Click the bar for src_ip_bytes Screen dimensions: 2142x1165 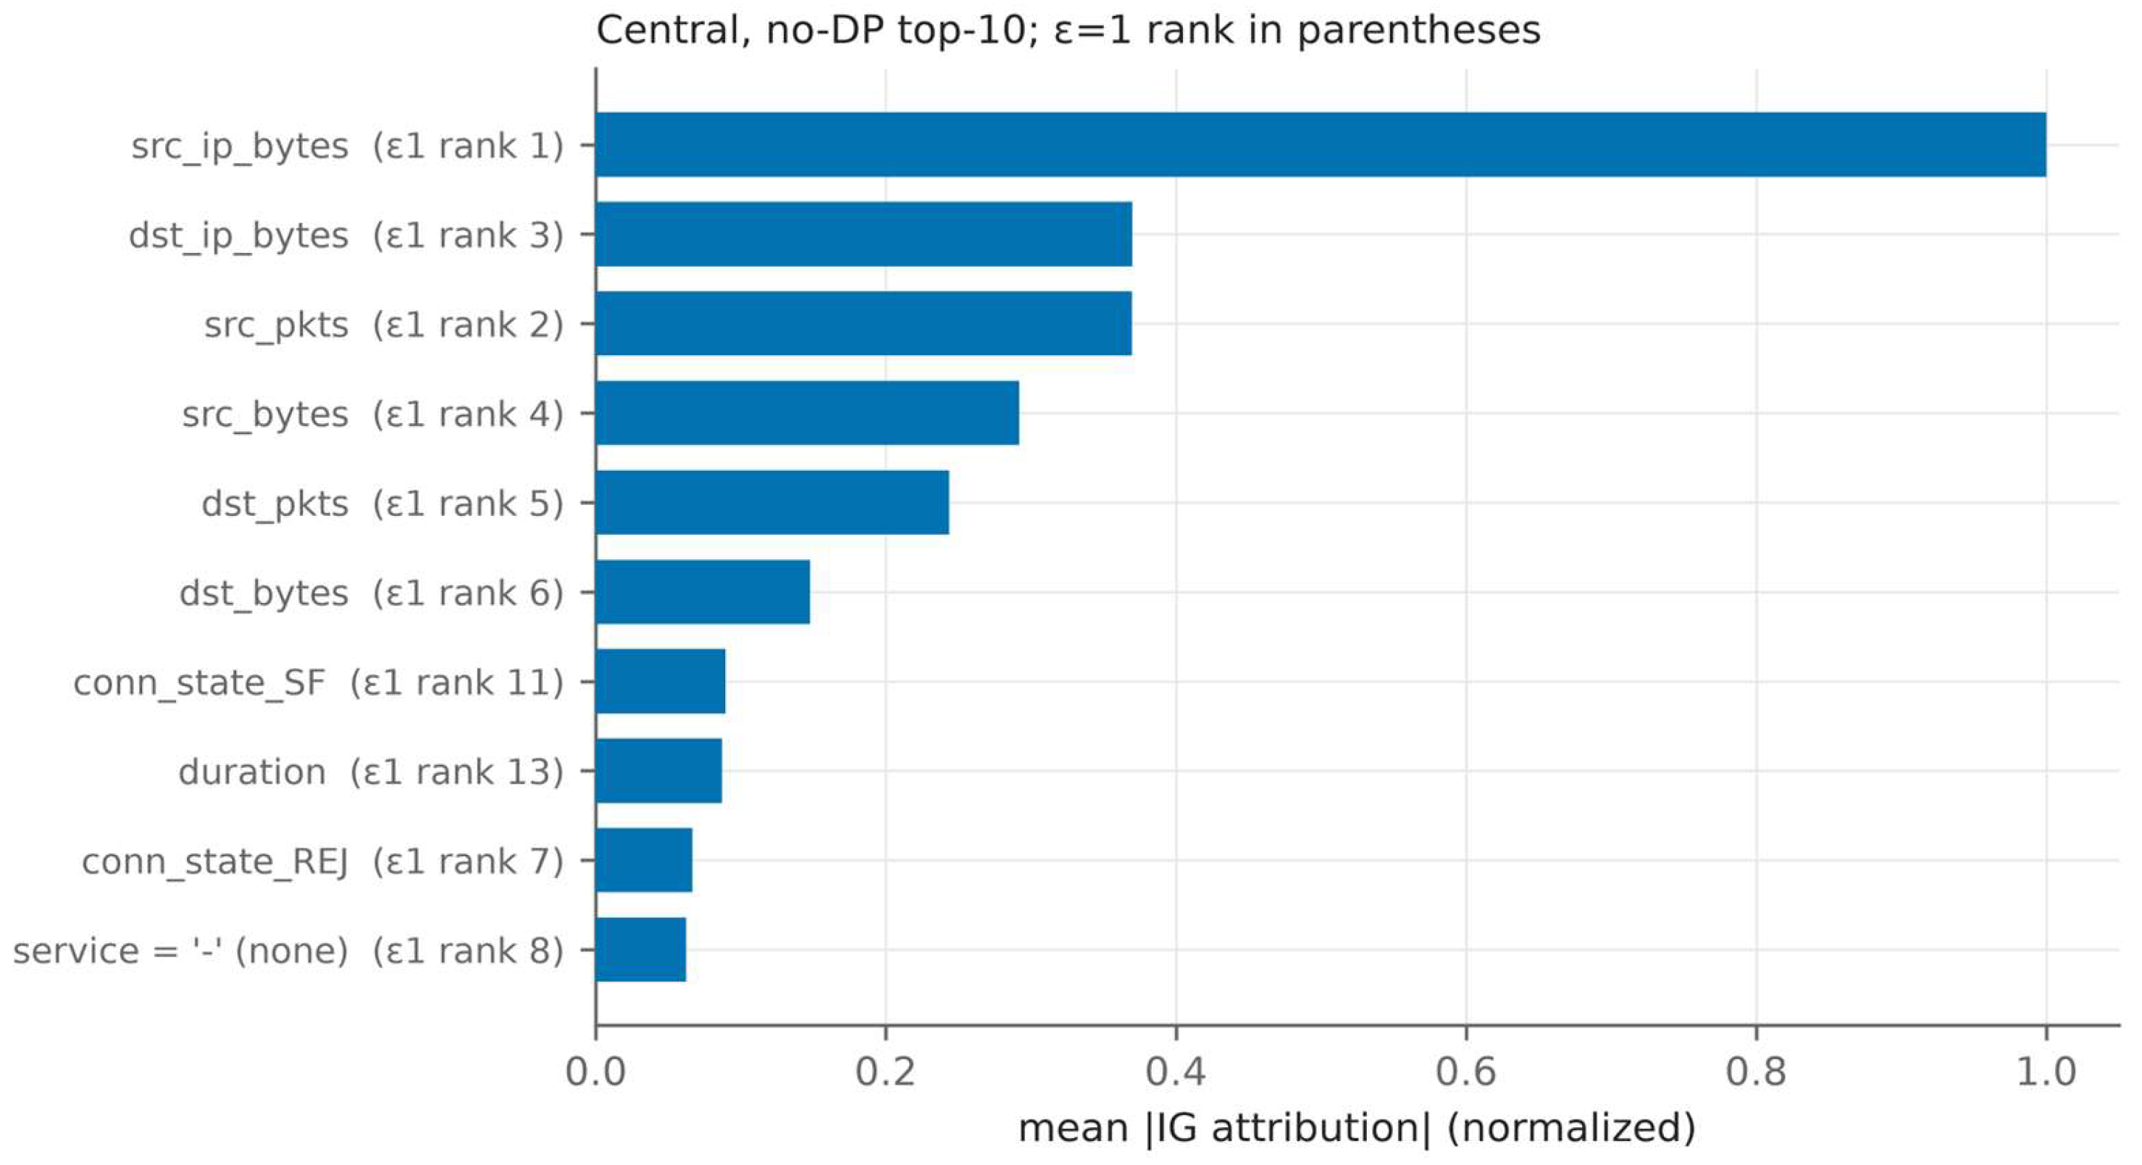(x=1321, y=145)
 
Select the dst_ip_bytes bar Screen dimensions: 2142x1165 (x=864, y=234)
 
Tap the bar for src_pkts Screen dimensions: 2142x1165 (x=864, y=323)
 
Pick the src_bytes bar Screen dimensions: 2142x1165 (x=808, y=413)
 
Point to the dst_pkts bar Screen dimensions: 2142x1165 (x=772, y=502)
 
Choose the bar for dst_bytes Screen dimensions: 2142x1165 (x=703, y=592)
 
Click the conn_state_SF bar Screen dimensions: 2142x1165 (x=660, y=681)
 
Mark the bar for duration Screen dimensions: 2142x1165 (x=658, y=771)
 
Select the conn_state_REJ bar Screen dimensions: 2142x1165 (x=643, y=860)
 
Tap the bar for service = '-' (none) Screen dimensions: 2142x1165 (x=641, y=950)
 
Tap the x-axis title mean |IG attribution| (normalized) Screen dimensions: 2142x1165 (x=1357, y=1128)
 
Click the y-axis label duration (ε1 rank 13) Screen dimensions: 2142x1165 (x=371, y=772)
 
